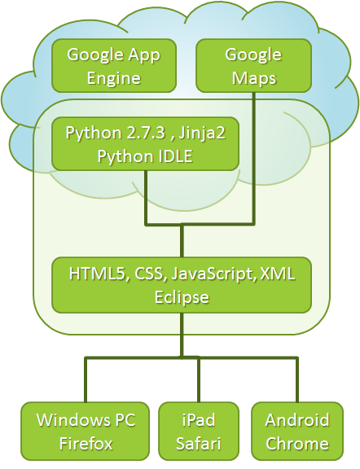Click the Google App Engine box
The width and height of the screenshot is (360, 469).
(114, 65)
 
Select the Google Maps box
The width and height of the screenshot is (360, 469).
(253, 65)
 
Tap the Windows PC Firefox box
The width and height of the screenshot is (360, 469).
(86, 431)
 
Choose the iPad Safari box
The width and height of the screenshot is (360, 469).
(199, 431)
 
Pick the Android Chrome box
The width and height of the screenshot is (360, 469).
(297, 431)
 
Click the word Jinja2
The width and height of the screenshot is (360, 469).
(202, 133)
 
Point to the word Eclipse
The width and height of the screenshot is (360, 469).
(182, 297)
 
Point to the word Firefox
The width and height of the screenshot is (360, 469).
(86, 443)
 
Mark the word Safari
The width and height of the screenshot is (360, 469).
(199, 443)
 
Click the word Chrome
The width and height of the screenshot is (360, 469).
(297, 443)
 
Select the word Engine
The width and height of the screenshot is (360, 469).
(114, 78)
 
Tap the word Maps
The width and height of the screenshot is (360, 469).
(254, 78)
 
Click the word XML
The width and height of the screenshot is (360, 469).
(278, 274)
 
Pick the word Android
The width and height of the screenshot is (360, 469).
(297, 419)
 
